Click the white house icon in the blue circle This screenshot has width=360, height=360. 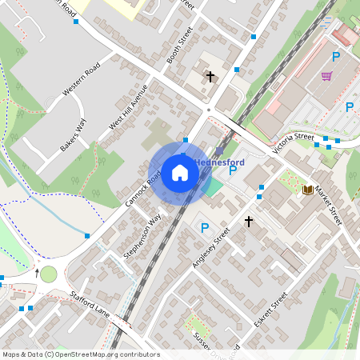[180, 173]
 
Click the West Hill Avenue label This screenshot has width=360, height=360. [129, 107]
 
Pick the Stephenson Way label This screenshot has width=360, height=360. [143, 235]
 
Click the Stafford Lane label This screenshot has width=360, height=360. [89, 304]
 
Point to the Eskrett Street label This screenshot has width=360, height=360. [270, 310]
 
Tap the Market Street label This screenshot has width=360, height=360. [328, 204]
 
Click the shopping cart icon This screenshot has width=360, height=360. [326, 77]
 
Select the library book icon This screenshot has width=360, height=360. [308, 190]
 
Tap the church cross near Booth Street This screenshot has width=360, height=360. [210, 77]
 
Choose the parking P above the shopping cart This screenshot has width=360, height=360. [336, 57]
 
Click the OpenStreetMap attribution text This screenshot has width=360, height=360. [80, 354]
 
